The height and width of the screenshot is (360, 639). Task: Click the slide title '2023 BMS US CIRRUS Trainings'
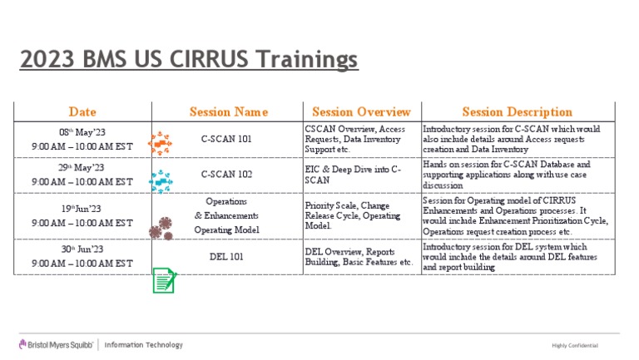[x=189, y=61]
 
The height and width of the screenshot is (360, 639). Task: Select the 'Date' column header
[x=82, y=111]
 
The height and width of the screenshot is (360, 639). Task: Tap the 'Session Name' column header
[x=228, y=111]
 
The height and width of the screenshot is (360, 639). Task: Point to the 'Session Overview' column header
[x=361, y=111]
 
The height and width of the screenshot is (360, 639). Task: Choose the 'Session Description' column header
[x=517, y=111]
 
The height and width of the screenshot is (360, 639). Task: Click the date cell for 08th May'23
[x=82, y=139]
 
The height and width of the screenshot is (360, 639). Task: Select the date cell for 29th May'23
[x=82, y=175]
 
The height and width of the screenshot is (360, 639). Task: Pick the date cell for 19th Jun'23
[x=82, y=216]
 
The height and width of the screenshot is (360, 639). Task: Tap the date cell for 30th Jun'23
[x=82, y=256]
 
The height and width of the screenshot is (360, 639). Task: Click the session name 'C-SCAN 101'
[x=226, y=139]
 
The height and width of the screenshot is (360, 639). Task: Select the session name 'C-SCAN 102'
[x=226, y=175]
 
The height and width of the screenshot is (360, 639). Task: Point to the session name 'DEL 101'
[x=226, y=256]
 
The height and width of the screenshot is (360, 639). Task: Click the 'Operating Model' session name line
[x=226, y=229]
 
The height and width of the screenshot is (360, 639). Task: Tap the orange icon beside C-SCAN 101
[x=160, y=143]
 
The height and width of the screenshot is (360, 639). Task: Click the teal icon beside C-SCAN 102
[x=160, y=180]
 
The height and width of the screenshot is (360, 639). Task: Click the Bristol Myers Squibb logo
[x=56, y=345]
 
